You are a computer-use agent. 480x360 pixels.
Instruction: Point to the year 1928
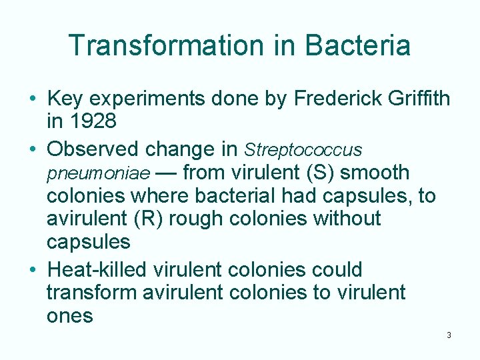pos(92,122)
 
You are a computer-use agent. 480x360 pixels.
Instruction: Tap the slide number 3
pos(449,335)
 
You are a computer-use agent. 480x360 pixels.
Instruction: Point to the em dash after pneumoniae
pos(166,173)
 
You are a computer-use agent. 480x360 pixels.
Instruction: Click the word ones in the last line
pos(70,315)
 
